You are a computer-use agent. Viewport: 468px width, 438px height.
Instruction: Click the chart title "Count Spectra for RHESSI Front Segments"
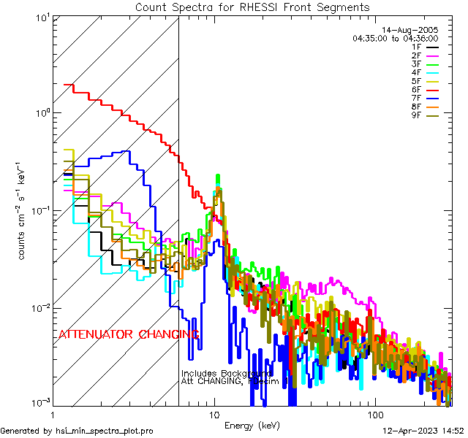click(x=252, y=7)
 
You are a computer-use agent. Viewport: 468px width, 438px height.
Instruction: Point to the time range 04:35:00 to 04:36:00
click(x=395, y=37)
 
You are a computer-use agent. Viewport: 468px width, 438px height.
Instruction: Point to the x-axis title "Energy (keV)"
click(x=252, y=425)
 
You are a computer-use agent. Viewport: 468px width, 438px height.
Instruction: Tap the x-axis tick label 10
click(x=214, y=412)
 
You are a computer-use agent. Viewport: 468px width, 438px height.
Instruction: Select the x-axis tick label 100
click(x=374, y=412)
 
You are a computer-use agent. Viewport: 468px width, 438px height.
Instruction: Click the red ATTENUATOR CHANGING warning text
click(x=129, y=334)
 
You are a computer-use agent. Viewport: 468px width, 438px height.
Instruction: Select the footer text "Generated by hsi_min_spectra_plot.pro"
click(x=77, y=431)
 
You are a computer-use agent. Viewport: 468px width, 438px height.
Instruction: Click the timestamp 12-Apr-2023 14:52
click(x=423, y=431)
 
